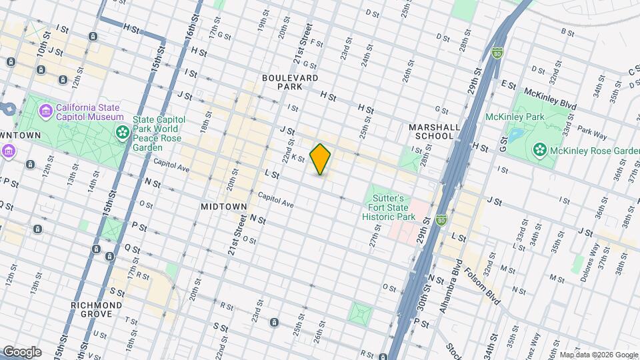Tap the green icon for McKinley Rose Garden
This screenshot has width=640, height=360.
point(539,150)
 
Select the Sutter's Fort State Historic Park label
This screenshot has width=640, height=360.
point(387,207)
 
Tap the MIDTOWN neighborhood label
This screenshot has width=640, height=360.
point(223,207)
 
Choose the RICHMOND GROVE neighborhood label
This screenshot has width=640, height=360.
point(96,310)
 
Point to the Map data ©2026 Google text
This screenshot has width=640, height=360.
point(598,355)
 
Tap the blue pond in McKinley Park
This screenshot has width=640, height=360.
point(516,135)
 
